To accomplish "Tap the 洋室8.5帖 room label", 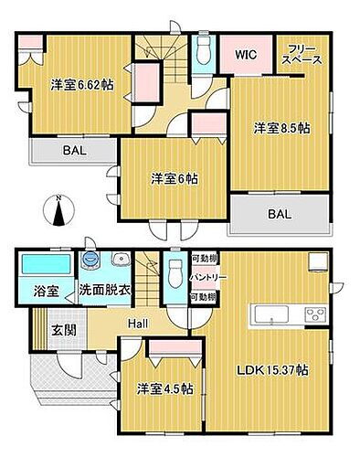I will tap(281, 129).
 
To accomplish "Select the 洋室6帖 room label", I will tap(175, 179).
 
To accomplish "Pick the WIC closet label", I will tap(245, 55).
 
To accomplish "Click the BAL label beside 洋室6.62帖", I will tap(74, 151).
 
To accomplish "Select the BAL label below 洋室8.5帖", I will tap(280, 217).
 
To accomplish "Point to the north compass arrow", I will tap(58, 212).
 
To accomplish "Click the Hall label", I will tap(139, 322).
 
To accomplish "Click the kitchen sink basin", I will tap(271, 316).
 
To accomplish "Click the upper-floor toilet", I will tap(203, 54).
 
